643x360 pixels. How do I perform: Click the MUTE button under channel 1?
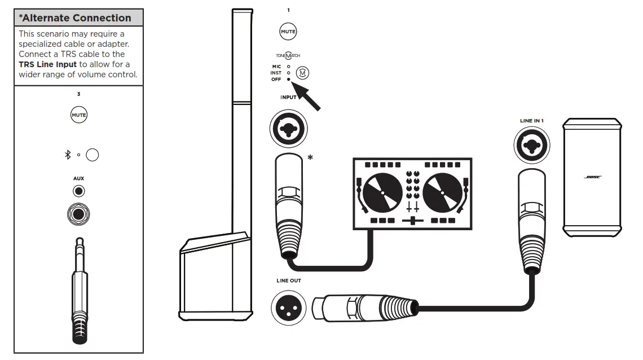pos(288,32)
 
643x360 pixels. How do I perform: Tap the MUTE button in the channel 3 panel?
pos(78,116)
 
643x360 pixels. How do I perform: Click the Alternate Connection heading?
pos(75,18)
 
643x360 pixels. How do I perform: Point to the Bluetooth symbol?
pos(67,155)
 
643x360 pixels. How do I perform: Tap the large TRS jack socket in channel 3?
pos(78,214)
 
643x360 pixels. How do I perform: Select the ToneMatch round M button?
pos(303,73)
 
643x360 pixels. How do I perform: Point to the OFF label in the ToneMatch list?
pos(276,80)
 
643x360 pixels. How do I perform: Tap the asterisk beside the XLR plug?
pos(310,157)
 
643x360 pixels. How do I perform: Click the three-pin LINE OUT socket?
pos(288,308)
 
